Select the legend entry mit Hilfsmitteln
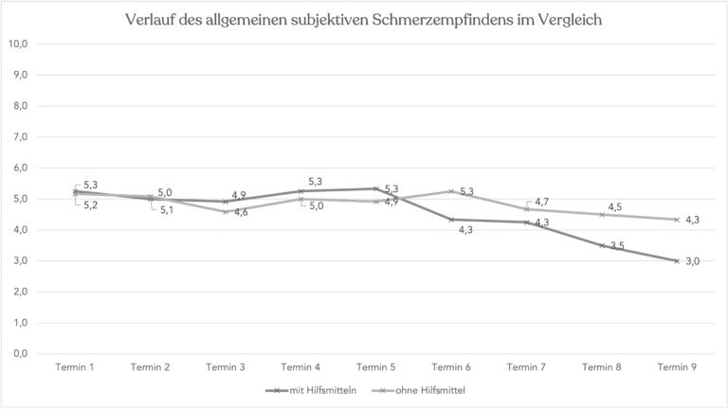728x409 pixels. pos(318,389)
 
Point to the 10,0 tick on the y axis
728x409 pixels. pos(19,44)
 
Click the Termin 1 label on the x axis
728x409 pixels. pos(76,368)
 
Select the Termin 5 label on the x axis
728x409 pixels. pos(376,368)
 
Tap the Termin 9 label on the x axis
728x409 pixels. pos(677,368)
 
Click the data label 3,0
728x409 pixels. pos(692,261)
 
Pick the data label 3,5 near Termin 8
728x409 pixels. pos(616,246)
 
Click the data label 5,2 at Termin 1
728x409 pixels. pos(91,205)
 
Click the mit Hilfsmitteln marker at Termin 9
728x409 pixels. pos(677,260)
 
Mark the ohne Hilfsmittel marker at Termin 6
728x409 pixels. pos(451,190)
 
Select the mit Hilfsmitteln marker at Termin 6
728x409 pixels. pos(451,220)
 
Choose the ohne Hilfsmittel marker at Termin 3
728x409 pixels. pos(226,212)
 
